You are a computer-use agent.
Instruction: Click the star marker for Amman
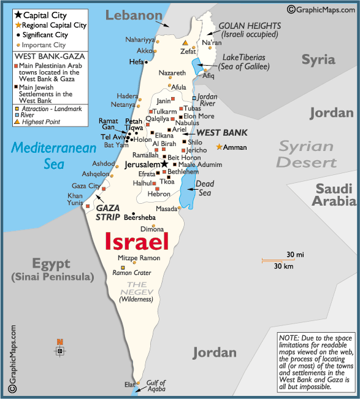(220, 147)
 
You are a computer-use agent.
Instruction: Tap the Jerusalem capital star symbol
(164, 165)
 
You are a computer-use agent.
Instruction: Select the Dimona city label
(152, 229)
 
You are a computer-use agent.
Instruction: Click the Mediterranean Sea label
(54, 156)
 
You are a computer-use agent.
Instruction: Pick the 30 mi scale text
(295, 255)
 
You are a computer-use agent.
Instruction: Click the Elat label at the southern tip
(130, 384)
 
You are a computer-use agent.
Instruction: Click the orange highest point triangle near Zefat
(185, 43)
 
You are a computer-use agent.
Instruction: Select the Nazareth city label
(172, 73)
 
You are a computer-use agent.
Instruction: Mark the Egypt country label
(52, 265)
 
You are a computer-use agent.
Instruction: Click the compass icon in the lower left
(59, 351)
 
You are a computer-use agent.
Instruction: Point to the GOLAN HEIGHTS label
(250, 26)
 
